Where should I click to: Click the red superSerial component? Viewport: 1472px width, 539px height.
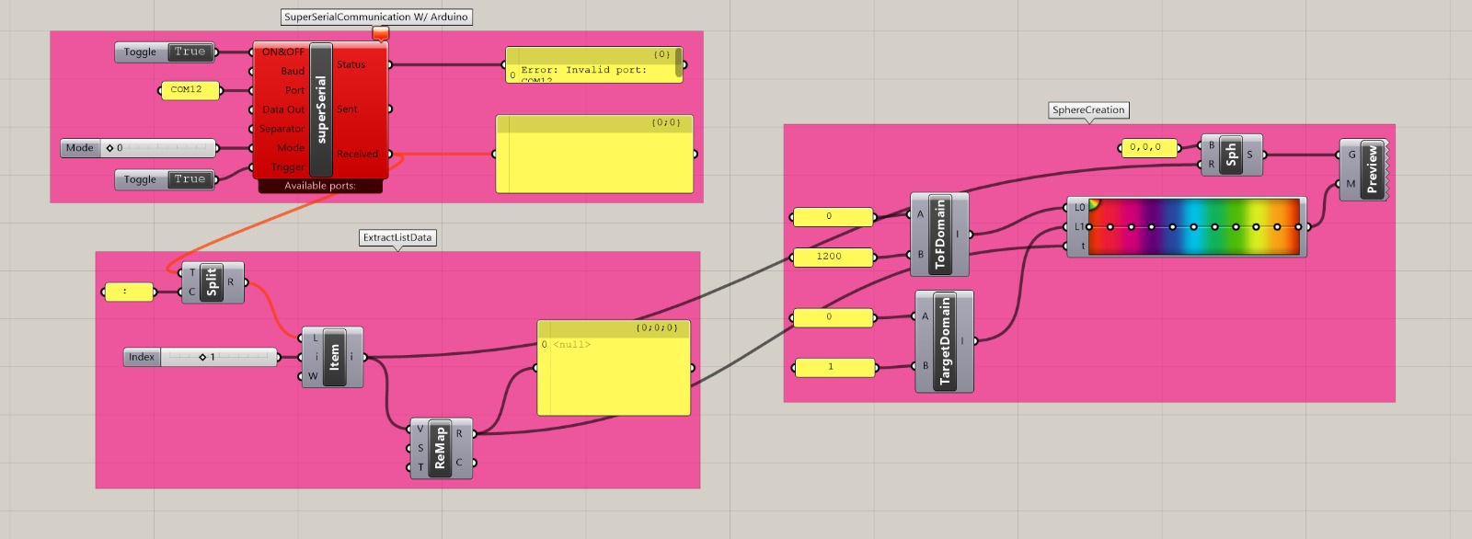point(321,109)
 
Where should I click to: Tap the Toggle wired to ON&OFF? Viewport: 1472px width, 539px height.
point(165,52)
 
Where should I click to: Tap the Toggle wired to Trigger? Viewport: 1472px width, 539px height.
point(165,179)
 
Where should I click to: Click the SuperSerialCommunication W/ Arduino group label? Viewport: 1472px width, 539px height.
point(375,17)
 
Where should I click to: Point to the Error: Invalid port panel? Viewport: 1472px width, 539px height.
point(594,65)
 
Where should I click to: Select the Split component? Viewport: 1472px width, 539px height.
point(213,282)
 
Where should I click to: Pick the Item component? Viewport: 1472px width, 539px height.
point(333,357)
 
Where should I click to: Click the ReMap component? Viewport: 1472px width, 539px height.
point(440,448)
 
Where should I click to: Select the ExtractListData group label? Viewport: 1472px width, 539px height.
point(397,237)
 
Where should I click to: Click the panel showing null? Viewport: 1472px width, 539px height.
point(614,368)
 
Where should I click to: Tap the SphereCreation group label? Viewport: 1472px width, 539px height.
point(1088,109)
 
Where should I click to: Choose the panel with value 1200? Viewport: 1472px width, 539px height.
point(832,257)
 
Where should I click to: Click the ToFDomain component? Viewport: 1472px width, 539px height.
point(939,235)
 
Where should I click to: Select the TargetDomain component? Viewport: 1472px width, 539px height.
point(944,341)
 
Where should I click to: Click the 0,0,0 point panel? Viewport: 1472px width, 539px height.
point(1148,147)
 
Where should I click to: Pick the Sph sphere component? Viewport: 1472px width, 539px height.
point(1231,155)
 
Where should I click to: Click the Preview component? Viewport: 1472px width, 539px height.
point(1369,169)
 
